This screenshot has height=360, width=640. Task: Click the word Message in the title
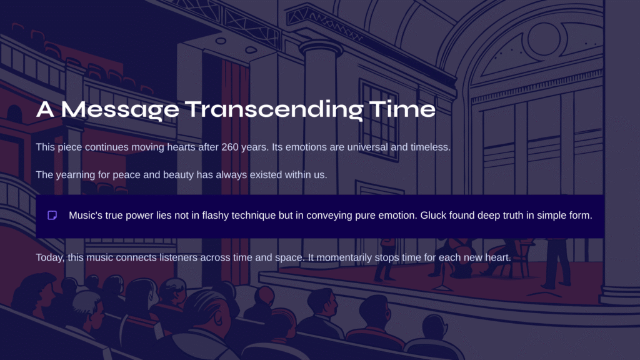[x=120, y=109]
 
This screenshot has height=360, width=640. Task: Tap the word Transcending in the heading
[x=274, y=109]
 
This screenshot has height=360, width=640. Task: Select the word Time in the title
[x=402, y=109]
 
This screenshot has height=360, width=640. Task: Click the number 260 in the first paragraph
[x=230, y=147]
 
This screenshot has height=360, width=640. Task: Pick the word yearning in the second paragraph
[x=76, y=175]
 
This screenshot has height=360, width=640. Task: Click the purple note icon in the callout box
[x=52, y=215]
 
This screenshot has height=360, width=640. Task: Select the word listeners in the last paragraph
[x=178, y=257]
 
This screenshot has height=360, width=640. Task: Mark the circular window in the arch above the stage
[x=544, y=39]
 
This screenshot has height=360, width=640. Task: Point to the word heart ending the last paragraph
[x=498, y=257]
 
